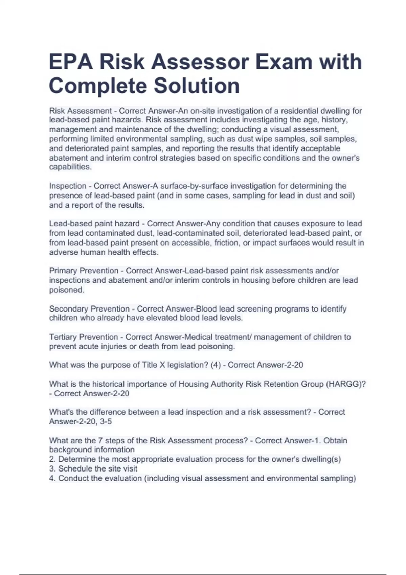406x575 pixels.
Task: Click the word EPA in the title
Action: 70,62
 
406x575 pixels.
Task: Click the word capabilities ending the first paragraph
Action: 70,167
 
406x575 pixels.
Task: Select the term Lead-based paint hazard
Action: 94,224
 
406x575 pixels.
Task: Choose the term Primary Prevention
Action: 84,271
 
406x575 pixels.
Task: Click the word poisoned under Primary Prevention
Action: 66,290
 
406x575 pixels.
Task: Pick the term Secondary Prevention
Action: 89,309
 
